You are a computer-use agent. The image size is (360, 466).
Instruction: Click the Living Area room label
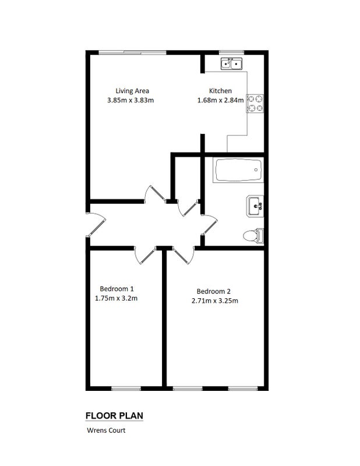coord(132,91)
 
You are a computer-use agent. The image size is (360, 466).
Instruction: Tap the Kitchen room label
coord(220,91)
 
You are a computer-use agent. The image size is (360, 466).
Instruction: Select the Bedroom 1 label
coord(117,288)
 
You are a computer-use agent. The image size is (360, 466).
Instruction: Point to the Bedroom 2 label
coord(213,291)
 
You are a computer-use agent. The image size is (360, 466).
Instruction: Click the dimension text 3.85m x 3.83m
coord(130,100)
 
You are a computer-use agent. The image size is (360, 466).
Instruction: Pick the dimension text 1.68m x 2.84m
coord(221,100)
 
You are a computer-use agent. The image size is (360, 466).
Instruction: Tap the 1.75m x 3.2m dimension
coord(117,298)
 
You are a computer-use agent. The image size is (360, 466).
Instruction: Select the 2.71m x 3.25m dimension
coord(215,301)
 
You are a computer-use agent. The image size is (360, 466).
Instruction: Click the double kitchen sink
coord(232,63)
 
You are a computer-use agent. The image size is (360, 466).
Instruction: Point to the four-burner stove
coord(255,104)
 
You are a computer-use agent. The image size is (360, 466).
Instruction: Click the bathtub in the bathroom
coord(238,170)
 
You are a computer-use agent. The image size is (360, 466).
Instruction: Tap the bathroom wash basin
coord(255,206)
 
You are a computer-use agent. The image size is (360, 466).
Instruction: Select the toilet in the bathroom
coord(253,236)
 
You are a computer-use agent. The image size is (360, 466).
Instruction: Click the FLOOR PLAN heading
coord(114,416)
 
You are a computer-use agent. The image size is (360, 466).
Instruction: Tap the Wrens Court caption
coord(106,430)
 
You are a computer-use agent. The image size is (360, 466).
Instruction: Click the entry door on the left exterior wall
coord(96,225)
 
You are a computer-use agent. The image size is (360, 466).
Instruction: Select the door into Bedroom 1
coord(145,255)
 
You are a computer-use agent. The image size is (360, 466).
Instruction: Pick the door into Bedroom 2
coord(183,255)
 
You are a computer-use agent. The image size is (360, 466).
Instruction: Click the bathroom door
coord(209,225)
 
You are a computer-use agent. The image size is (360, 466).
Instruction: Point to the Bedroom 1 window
coord(126,389)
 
